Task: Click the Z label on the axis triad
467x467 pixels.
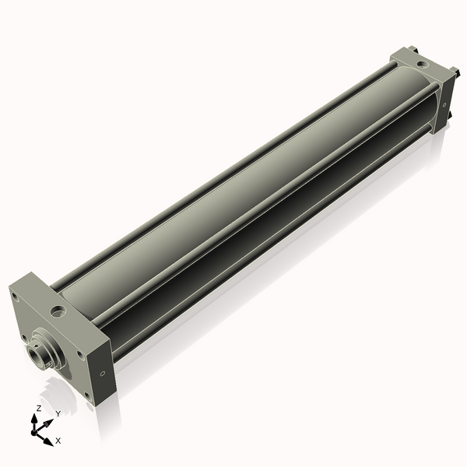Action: pyautogui.click(x=38, y=408)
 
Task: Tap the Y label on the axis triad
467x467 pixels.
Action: pyautogui.click(x=58, y=413)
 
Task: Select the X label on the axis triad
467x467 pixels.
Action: pyautogui.click(x=58, y=441)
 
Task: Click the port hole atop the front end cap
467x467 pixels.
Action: pyautogui.click(x=57, y=312)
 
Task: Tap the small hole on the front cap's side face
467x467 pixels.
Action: pyautogui.click(x=103, y=373)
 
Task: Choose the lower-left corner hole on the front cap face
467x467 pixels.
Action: pyautogui.click(x=24, y=337)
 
